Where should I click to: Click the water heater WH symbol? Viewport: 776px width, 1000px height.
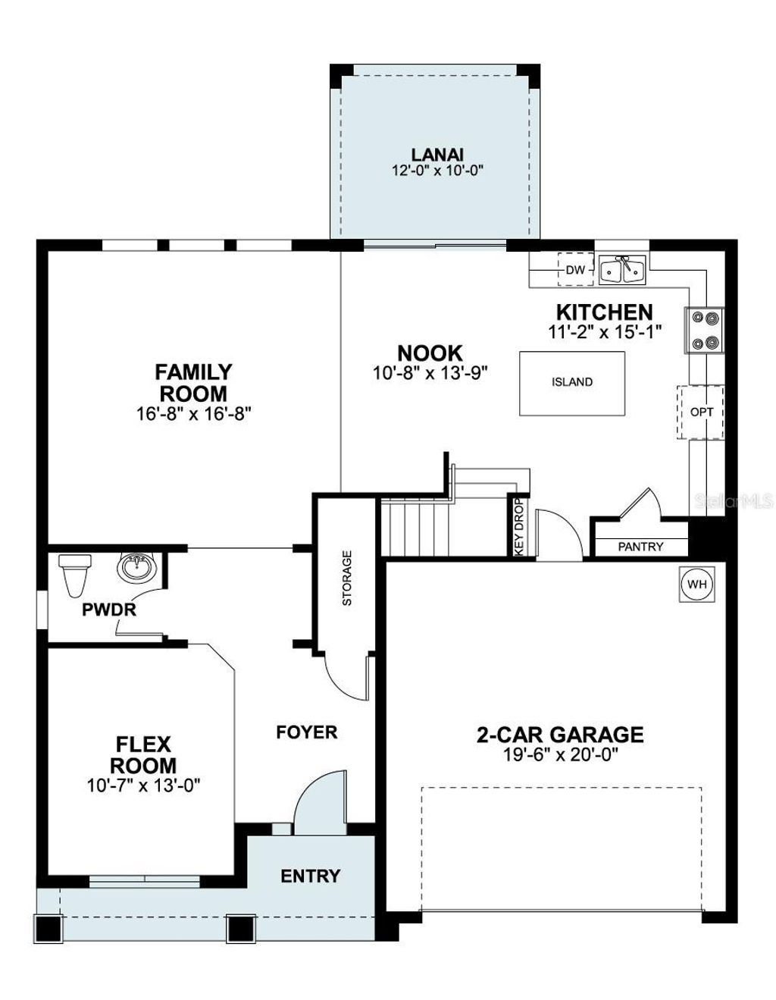(697, 585)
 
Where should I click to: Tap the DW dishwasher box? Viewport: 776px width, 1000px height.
(576, 270)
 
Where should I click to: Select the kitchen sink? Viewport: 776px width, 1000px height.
(623, 270)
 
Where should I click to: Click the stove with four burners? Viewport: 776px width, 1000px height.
(705, 331)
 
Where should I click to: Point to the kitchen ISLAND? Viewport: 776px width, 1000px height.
(572, 383)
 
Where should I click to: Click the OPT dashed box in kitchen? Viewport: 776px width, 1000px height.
(701, 412)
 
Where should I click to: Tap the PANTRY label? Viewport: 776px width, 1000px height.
(640, 547)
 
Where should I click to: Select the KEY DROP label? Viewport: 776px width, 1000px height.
(519, 528)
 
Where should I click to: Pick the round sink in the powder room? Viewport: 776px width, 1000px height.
(137, 567)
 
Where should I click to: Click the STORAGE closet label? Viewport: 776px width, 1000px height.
(347, 578)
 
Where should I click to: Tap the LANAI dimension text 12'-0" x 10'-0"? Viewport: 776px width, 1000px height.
(437, 171)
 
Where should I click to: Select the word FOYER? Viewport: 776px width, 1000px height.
(306, 732)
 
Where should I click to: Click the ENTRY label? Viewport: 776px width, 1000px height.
(310, 876)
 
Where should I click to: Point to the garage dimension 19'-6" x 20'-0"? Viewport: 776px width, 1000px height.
(560, 755)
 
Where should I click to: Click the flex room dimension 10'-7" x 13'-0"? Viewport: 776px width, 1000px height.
(143, 785)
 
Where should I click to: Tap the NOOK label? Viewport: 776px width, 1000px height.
(430, 353)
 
